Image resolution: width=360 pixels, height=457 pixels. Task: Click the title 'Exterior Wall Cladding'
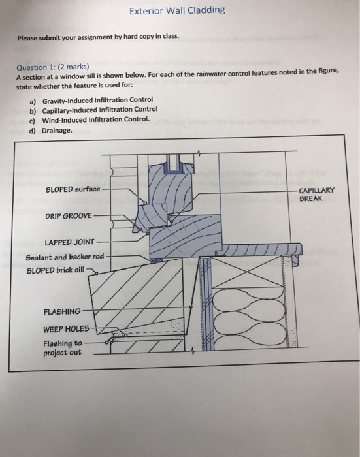177,10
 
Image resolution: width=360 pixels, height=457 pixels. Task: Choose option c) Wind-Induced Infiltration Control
95,119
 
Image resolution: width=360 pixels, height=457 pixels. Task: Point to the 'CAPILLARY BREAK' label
316,194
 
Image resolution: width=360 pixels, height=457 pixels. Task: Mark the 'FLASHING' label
62,311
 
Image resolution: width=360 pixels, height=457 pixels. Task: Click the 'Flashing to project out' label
62,347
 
